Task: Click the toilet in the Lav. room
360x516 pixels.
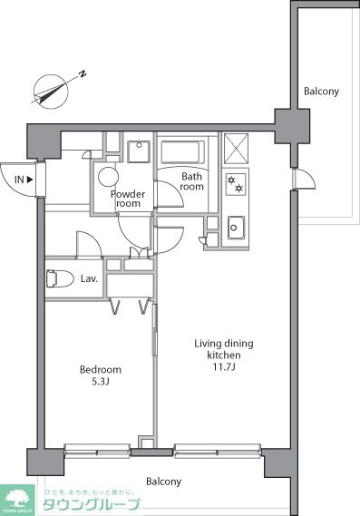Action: click(59, 278)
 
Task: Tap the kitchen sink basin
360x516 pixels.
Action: click(237, 228)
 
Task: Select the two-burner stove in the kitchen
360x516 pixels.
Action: click(236, 184)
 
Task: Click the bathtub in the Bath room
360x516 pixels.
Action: click(182, 152)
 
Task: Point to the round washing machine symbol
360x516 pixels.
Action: click(108, 177)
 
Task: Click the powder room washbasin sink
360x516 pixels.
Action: click(139, 151)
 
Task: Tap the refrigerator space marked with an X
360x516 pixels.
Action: click(236, 149)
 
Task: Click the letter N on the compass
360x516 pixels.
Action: click(83, 74)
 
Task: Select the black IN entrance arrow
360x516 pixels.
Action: click(30, 180)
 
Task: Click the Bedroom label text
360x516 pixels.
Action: click(101, 370)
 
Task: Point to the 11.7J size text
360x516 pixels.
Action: click(223, 367)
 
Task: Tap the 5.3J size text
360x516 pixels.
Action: click(101, 382)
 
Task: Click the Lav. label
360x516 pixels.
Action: click(89, 278)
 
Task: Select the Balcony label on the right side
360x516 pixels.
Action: click(321, 92)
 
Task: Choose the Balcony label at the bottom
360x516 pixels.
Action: click(163, 482)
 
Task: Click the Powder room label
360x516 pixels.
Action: click(128, 199)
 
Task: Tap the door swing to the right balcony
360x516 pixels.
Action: click(304, 179)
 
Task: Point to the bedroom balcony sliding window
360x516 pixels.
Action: click(97, 451)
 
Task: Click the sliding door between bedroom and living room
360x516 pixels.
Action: click(155, 330)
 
